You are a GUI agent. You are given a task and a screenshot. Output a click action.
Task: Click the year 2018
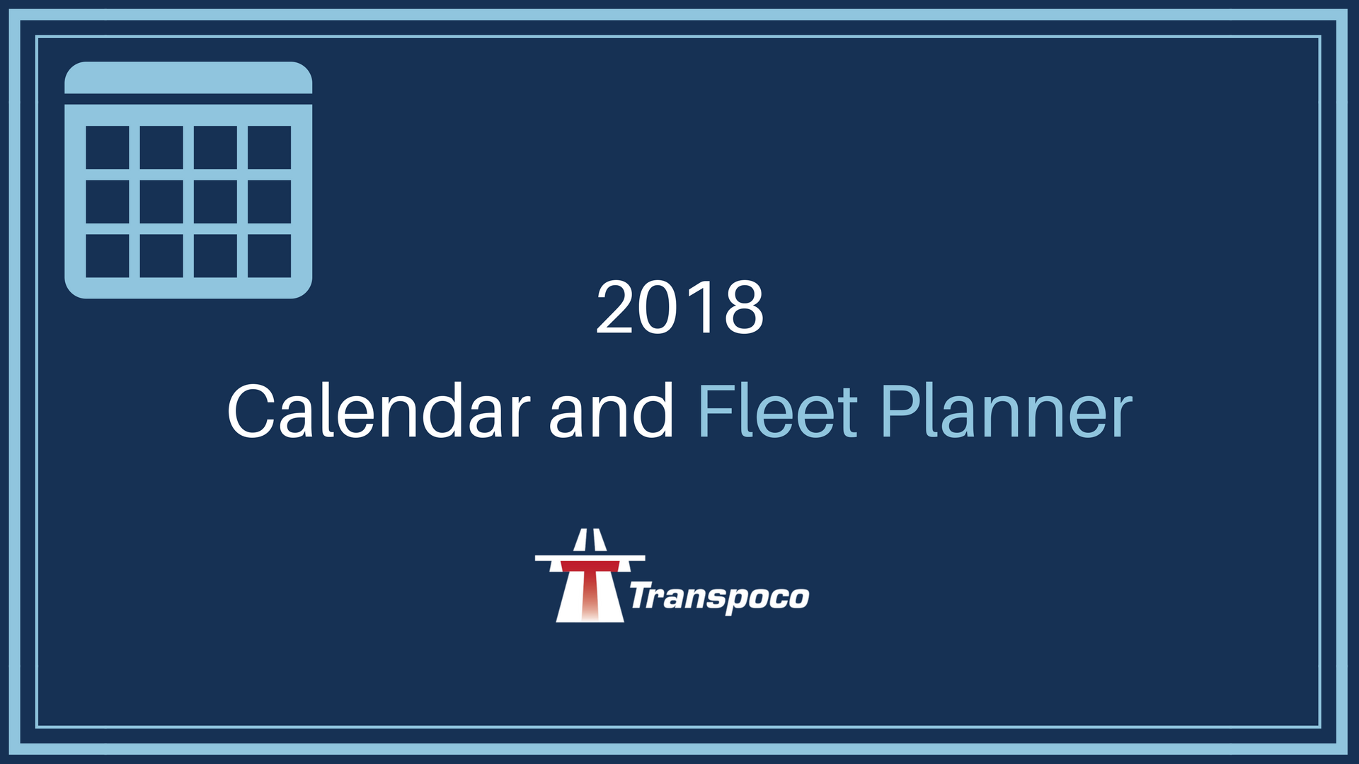click(x=679, y=307)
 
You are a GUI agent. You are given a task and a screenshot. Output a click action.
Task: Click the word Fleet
click(x=778, y=412)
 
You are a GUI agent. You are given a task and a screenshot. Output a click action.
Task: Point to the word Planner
click(x=1007, y=412)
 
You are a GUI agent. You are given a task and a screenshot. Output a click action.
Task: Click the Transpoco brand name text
click(x=719, y=598)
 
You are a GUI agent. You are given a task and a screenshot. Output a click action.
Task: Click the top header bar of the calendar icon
click(x=188, y=78)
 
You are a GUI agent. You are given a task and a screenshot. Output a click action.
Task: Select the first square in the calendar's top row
click(x=108, y=147)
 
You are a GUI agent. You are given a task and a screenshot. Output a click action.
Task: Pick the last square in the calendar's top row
click(x=270, y=147)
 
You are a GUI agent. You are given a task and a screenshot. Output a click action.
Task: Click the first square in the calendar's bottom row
click(x=108, y=255)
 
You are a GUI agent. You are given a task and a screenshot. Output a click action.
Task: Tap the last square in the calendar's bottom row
click(x=270, y=255)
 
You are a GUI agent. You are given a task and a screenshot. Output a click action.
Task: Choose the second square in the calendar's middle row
click(x=161, y=202)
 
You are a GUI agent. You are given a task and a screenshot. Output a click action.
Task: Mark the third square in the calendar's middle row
click(x=215, y=202)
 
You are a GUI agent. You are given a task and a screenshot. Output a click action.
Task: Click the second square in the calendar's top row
click(x=161, y=147)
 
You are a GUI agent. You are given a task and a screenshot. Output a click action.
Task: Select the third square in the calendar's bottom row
click(x=215, y=255)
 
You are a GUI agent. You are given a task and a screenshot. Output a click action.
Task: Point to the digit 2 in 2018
click(x=616, y=307)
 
